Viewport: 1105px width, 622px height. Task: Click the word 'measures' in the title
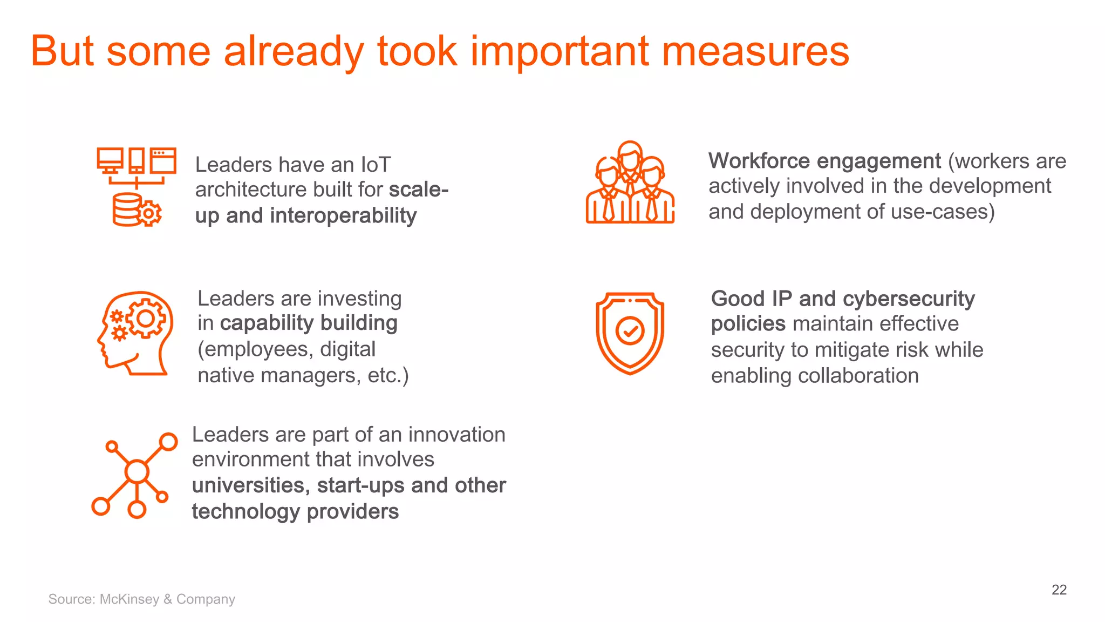pos(755,52)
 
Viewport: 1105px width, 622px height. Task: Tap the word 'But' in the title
pos(63,52)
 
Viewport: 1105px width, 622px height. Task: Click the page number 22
pos(1059,590)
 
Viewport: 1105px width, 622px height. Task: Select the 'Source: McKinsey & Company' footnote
pos(141,599)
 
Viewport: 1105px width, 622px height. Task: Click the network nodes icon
pos(135,475)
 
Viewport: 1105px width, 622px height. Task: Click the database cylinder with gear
pos(135,211)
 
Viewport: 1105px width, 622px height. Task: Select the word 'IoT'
pos(376,165)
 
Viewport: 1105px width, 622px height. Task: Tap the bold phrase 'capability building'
pos(309,323)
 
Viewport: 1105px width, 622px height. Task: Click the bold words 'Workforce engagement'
pos(824,161)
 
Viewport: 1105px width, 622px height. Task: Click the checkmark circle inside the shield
pos(630,330)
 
